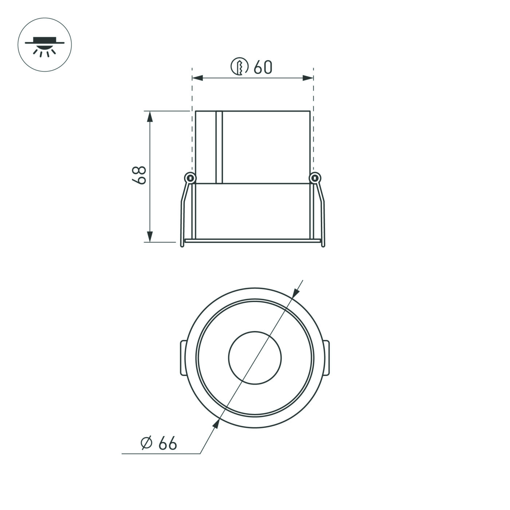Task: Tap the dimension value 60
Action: [263, 67]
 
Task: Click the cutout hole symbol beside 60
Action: [240, 67]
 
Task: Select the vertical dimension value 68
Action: [139, 175]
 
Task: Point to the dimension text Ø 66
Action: [159, 443]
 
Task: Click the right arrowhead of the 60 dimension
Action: [308, 78]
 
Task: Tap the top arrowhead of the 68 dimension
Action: [149, 117]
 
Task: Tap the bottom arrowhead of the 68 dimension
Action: [149, 236]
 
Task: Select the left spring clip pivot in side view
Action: [189, 178]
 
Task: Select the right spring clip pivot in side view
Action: [315, 178]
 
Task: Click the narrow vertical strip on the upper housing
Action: [219, 147]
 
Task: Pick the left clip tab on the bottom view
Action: [184, 358]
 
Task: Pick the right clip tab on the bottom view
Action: [326, 358]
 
